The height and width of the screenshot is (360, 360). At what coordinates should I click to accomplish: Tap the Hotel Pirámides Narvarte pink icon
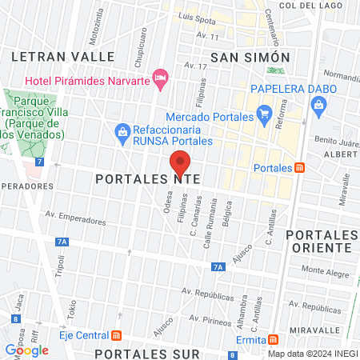(x=160, y=79)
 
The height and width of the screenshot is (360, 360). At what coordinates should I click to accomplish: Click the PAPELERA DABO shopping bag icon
(x=318, y=104)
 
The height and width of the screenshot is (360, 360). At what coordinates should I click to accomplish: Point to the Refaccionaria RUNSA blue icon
(x=122, y=131)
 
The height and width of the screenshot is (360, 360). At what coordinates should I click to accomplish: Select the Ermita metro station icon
(x=274, y=339)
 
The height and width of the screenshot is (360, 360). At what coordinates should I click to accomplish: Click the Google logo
(x=26, y=350)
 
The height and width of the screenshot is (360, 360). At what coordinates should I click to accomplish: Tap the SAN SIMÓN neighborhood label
(x=250, y=57)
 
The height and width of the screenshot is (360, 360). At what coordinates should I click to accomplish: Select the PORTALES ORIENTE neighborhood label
(x=322, y=241)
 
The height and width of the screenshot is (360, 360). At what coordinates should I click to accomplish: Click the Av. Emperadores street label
(x=76, y=218)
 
